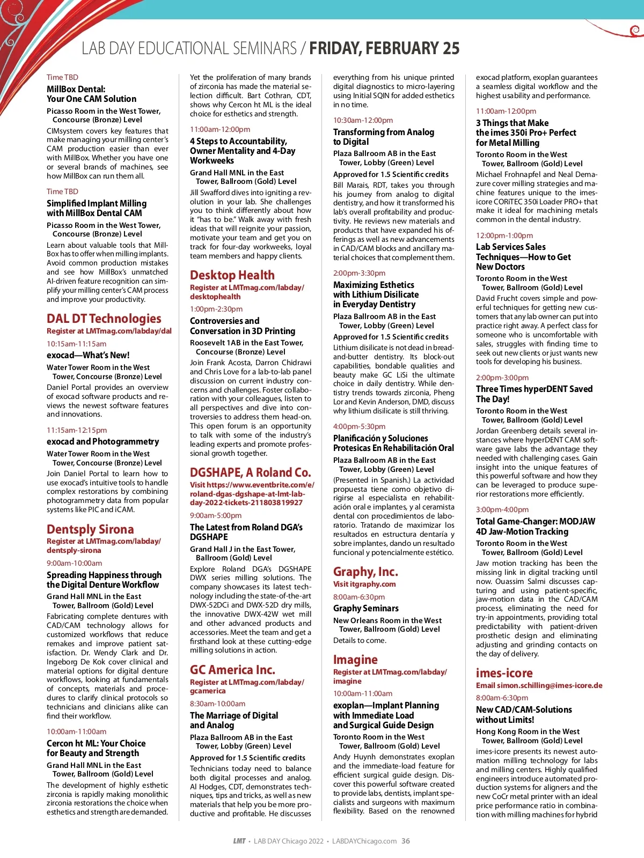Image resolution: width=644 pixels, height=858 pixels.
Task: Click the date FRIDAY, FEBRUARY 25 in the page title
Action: [384, 49]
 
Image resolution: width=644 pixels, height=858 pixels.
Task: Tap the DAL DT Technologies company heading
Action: [104, 319]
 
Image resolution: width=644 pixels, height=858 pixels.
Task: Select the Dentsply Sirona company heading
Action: [90, 529]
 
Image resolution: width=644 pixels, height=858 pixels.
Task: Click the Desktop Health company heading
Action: [232, 275]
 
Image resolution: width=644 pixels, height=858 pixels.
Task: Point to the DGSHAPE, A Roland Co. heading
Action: [250, 472]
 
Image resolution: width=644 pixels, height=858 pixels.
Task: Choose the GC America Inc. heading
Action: [232, 670]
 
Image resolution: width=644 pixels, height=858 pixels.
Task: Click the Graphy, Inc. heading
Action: [365, 572]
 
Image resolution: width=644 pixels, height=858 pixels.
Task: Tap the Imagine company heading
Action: [355, 660]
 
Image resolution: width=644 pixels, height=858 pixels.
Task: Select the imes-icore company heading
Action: [504, 673]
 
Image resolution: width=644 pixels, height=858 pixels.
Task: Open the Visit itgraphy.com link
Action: [364, 584]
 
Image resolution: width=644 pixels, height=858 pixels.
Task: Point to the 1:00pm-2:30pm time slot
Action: [216, 309]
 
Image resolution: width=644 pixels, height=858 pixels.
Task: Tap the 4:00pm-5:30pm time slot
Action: [359, 426]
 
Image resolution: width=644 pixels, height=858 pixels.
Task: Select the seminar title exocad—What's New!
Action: [88, 355]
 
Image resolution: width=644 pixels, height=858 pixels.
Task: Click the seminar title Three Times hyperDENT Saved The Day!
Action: [534, 394]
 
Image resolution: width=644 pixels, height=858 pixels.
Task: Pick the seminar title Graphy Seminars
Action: [365, 608]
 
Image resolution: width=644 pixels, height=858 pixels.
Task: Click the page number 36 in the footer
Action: [406, 841]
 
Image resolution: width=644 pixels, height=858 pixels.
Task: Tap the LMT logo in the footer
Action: [239, 841]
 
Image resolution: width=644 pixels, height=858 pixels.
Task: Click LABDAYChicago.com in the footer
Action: [364, 841]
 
